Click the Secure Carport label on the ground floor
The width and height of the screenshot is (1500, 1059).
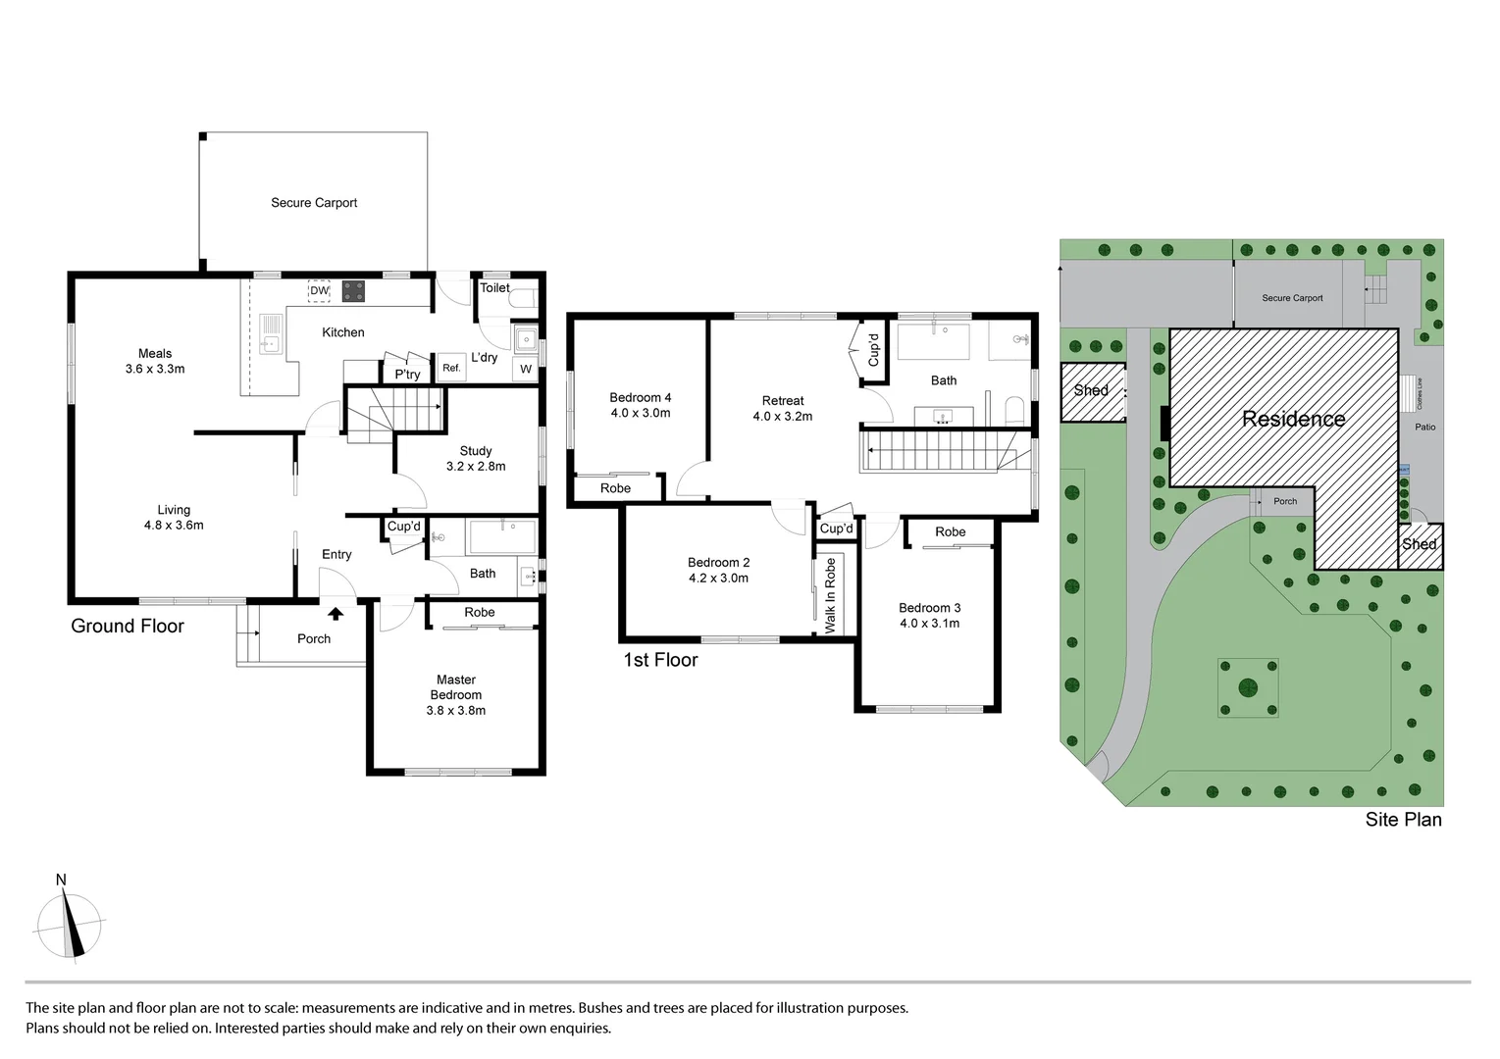(x=314, y=203)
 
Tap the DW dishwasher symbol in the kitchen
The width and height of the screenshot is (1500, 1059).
(x=319, y=290)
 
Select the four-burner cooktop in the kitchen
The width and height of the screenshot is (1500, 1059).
(x=353, y=291)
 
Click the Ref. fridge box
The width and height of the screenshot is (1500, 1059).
(x=451, y=368)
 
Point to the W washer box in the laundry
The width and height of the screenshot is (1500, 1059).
(x=526, y=370)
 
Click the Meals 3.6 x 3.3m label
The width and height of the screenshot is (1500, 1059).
(x=155, y=362)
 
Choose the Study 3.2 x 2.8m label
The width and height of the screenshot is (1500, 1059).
(x=476, y=459)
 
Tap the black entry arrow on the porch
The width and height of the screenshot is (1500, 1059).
(x=336, y=614)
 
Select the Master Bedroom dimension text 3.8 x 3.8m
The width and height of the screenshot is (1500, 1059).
(x=456, y=710)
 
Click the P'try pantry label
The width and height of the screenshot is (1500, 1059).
(x=407, y=375)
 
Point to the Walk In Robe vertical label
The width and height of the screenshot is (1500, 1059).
(x=831, y=595)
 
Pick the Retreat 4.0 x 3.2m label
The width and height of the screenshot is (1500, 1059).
(x=783, y=408)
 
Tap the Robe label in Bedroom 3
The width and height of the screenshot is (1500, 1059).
(x=950, y=531)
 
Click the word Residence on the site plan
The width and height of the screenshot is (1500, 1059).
(x=1293, y=420)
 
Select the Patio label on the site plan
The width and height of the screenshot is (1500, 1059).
(x=1424, y=427)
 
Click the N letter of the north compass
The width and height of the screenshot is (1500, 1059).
(x=61, y=880)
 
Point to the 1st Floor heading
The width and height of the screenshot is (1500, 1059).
(x=660, y=660)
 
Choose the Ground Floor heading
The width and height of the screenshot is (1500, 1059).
(x=128, y=627)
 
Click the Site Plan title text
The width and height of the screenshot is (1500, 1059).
(x=1403, y=820)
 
